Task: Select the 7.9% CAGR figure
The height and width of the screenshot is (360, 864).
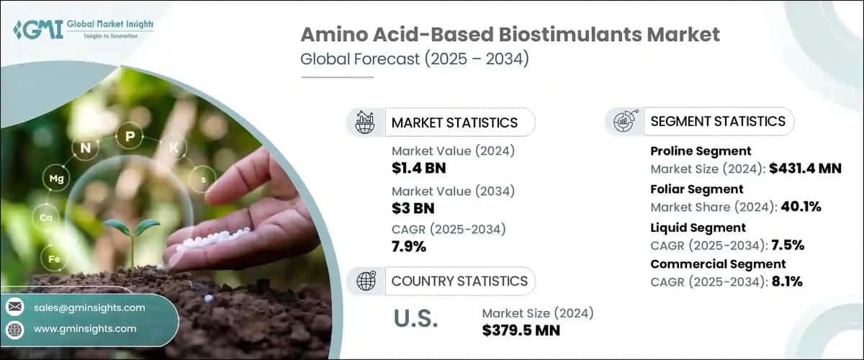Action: (409, 248)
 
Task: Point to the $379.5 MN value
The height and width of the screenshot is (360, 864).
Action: (521, 330)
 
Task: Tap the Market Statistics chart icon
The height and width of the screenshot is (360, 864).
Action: (364, 122)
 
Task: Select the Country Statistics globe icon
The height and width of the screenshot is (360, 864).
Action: (364, 281)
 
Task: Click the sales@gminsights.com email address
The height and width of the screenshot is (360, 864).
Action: (89, 307)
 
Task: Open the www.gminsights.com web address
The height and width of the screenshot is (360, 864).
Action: (84, 328)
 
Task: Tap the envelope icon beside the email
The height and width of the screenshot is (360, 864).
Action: (14, 307)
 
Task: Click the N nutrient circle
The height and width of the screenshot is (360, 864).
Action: (86, 149)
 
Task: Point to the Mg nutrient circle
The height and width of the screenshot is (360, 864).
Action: (53, 176)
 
